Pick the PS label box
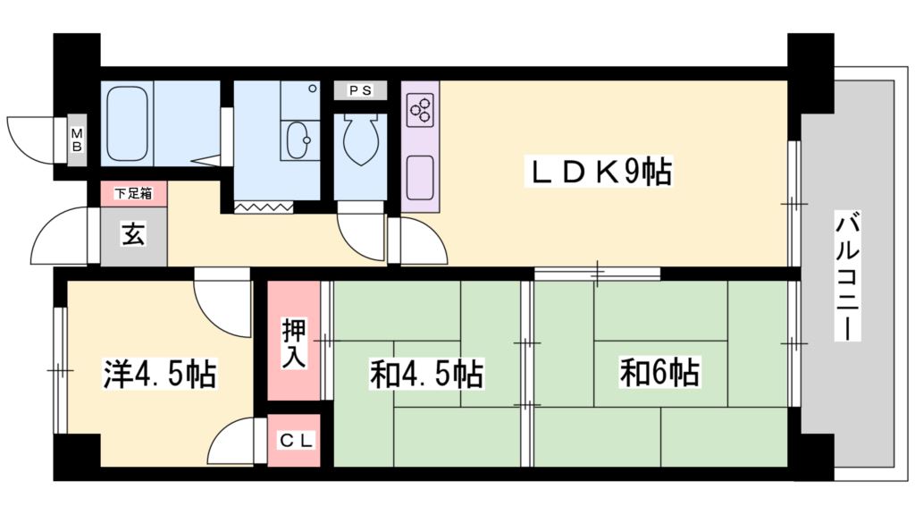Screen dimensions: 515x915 click(x=360, y=90)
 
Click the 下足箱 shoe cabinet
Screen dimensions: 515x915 click(x=132, y=192)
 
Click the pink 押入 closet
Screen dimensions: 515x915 click(x=293, y=341)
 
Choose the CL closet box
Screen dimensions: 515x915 click(x=293, y=440)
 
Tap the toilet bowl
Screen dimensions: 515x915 click(x=360, y=143)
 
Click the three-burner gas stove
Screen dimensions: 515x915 click(x=420, y=110)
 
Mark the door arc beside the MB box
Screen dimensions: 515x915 click(x=31, y=139)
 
